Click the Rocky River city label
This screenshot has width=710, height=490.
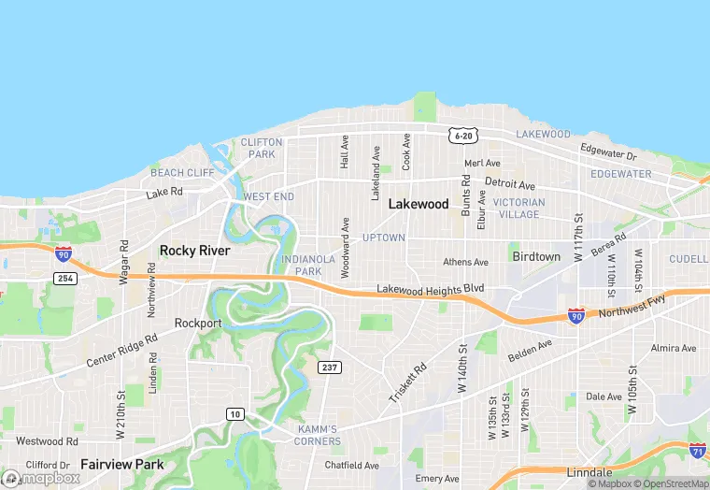point(194,251)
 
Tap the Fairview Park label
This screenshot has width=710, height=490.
point(121,464)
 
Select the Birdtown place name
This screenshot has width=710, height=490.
point(535,256)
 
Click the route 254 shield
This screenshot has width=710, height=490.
point(64,279)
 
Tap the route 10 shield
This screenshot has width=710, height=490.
point(234,413)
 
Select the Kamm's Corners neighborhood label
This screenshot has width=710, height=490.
point(318,435)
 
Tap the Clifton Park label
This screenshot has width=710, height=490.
point(261,148)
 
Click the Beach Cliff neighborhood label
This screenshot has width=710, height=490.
point(182,173)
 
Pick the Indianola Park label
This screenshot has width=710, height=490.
point(302,266)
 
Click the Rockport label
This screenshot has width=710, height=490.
point(198,324)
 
